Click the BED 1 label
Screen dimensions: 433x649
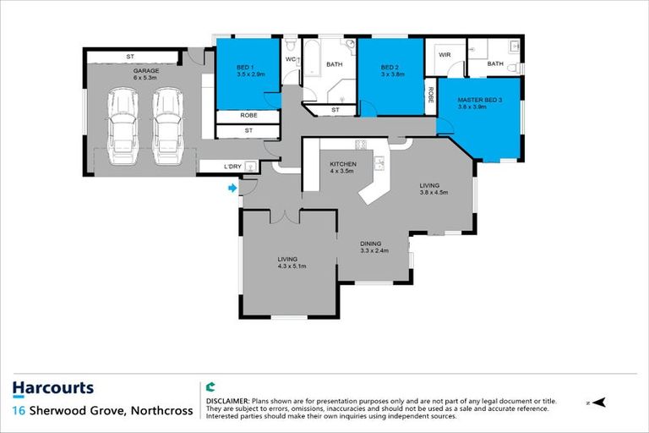pos(248,68)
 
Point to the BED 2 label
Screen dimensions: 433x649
pos(390,68)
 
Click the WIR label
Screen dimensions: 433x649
pos(444,56)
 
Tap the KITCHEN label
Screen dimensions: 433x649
pos(343,164)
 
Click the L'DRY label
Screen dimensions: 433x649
pos(233,167)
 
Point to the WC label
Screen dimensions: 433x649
pos(290,59)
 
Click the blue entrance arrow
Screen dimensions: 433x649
pos(232,189)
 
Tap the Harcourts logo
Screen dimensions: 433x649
pos(53,389)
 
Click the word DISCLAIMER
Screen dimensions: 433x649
pos(226,399)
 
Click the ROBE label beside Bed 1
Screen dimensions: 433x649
pos(248,116)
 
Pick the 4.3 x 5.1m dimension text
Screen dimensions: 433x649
pos(292,266)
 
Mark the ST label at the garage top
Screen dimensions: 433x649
pos(130,56)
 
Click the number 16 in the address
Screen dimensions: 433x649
pos(18,411)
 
